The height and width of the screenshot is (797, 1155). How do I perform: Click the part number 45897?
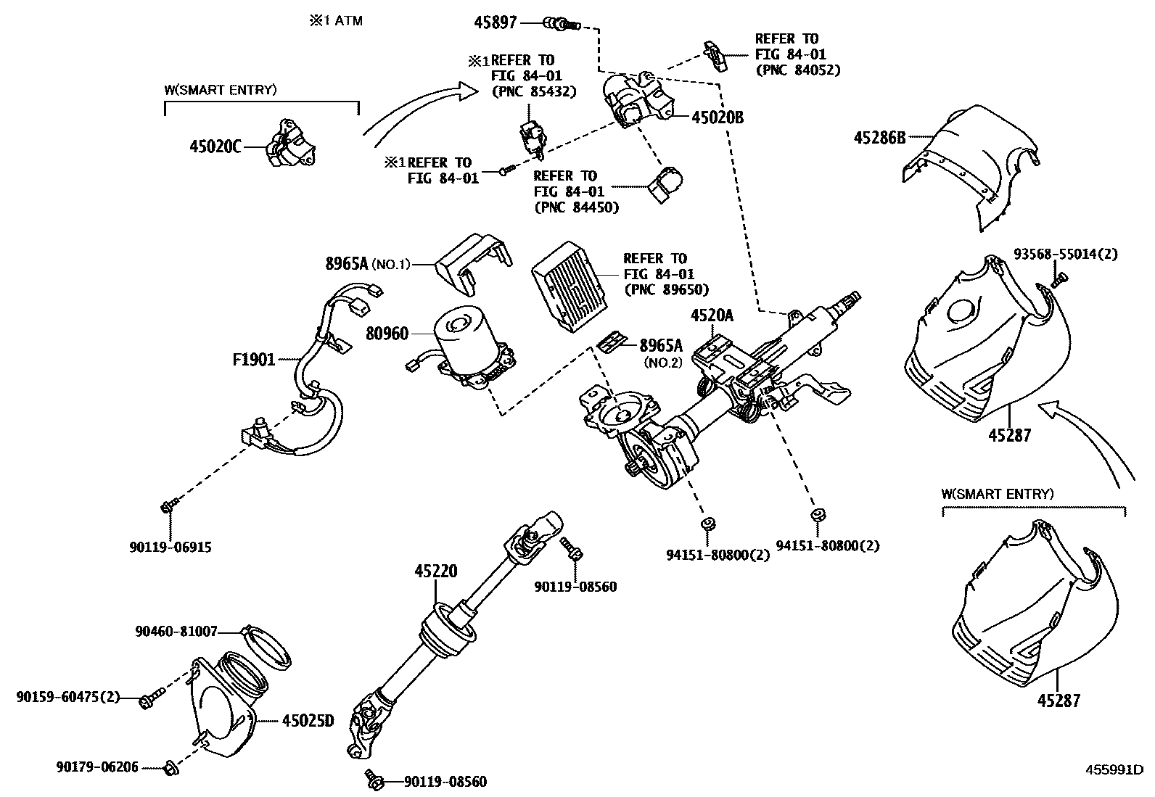(495, 22)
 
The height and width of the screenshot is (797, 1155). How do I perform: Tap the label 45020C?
(215, 147)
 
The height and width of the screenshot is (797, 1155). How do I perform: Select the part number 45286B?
(879, 138)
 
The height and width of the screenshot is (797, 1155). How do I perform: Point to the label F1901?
(254, 359)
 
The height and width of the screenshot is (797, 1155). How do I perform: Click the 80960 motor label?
(387, 334)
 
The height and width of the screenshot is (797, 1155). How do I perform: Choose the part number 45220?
(436, 571)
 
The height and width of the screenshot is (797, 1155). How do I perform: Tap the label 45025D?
(308, 721)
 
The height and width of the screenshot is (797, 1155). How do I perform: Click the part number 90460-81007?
(176, 632)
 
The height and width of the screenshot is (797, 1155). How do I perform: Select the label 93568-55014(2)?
(1066, 254)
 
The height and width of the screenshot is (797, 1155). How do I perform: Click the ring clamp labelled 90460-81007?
(266, 648)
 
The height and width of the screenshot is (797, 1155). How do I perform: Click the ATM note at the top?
(336, 20)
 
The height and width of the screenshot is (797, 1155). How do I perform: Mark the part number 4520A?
(712, 315)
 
